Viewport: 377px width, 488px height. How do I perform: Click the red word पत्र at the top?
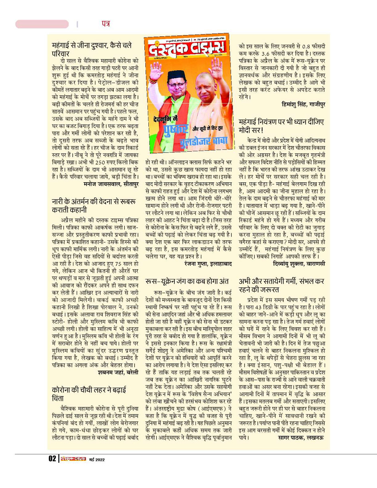pos(105,24)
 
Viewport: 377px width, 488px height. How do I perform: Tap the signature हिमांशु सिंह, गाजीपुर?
pos(303,104)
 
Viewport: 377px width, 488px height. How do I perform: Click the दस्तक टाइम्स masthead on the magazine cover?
pos(188,52)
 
